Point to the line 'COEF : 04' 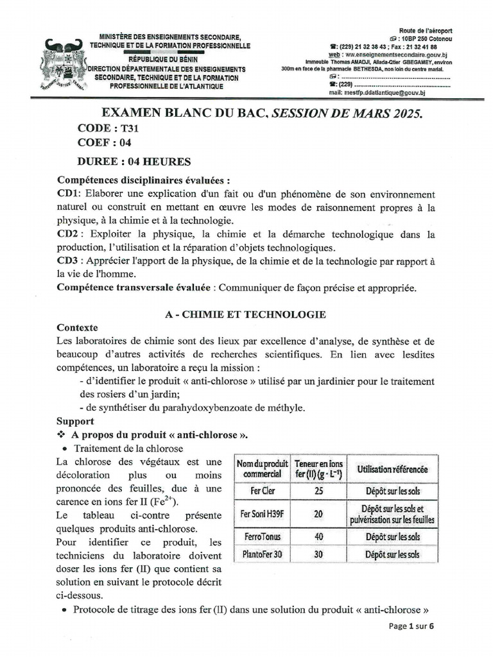(x=104, y=143)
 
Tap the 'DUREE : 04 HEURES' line (x=125, y=161)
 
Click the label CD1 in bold (x=67, y=194)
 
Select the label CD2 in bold (x=68, y=234)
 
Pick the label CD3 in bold (x=68, y=260)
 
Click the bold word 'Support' (x=75, y=422)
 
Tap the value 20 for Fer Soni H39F (x=318, y=514)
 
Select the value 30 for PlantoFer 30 (x=318, y=554)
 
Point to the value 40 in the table (x=318, y=536)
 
